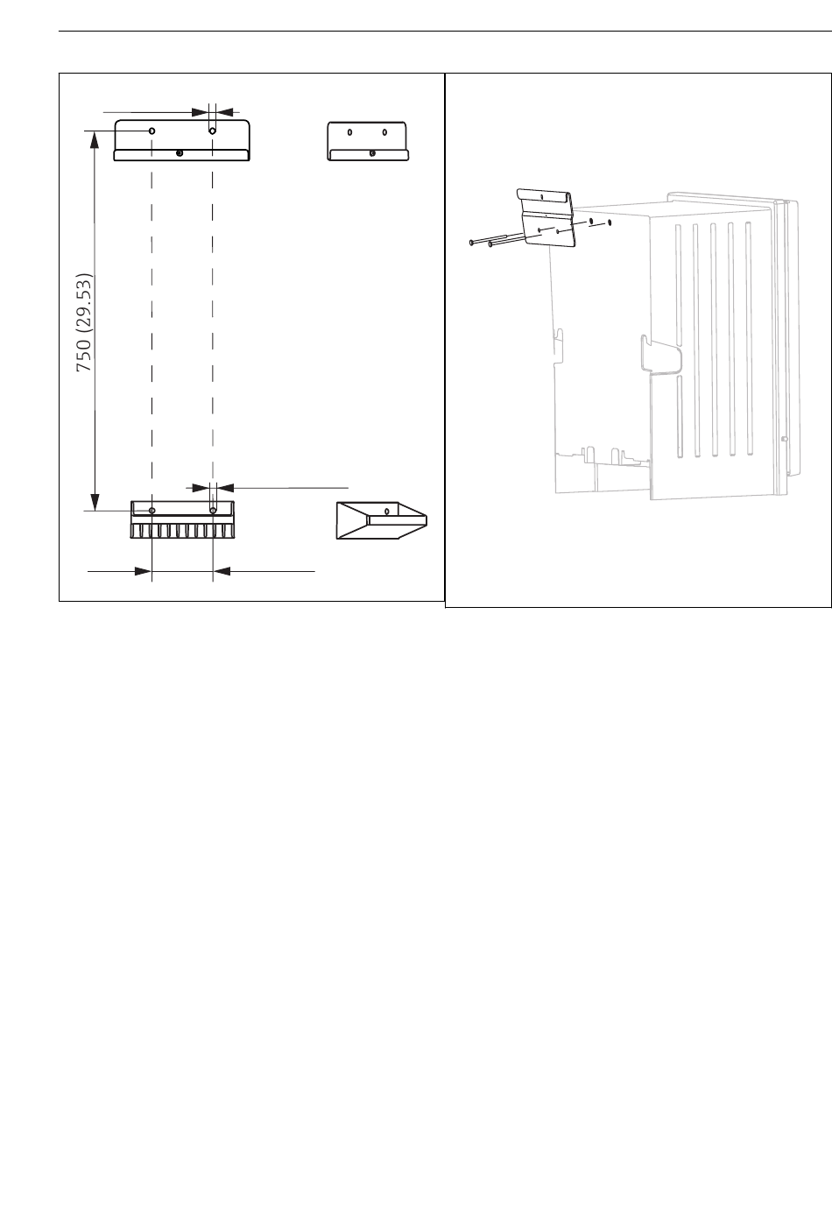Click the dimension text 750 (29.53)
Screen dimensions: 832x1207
click(x=85, y=322)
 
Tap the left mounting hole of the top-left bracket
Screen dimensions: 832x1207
click(x=152, y=131)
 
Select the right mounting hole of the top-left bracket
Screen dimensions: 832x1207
click(x=212, y=131)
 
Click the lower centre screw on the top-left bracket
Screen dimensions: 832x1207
click(x=180, y=153)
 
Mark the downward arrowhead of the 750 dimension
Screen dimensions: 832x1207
click(x=95, y=502)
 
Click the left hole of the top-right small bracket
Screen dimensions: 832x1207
click(x=349, y=132)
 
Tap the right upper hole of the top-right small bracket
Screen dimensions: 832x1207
click(x=384, y=132)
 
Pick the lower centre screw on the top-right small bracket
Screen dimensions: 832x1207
click(x=372, y=153)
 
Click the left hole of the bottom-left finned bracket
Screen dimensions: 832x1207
click(x=152, y=511)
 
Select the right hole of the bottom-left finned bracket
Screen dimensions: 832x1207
click(x=213, y=510)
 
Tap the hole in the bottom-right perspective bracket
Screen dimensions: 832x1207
click(x=387, y=511)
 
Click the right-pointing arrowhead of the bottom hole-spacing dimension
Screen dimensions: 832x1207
click(x=143, y=571)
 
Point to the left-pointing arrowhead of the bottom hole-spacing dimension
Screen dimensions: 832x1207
click(x=222, y=571)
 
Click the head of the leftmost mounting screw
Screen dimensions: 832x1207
click(x=471, y=243)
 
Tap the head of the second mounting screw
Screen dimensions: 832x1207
click(x=490, y=244)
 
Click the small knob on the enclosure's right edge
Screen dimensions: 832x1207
click(x=785, y=439)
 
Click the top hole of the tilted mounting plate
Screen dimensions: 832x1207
click(x=541, y=196)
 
